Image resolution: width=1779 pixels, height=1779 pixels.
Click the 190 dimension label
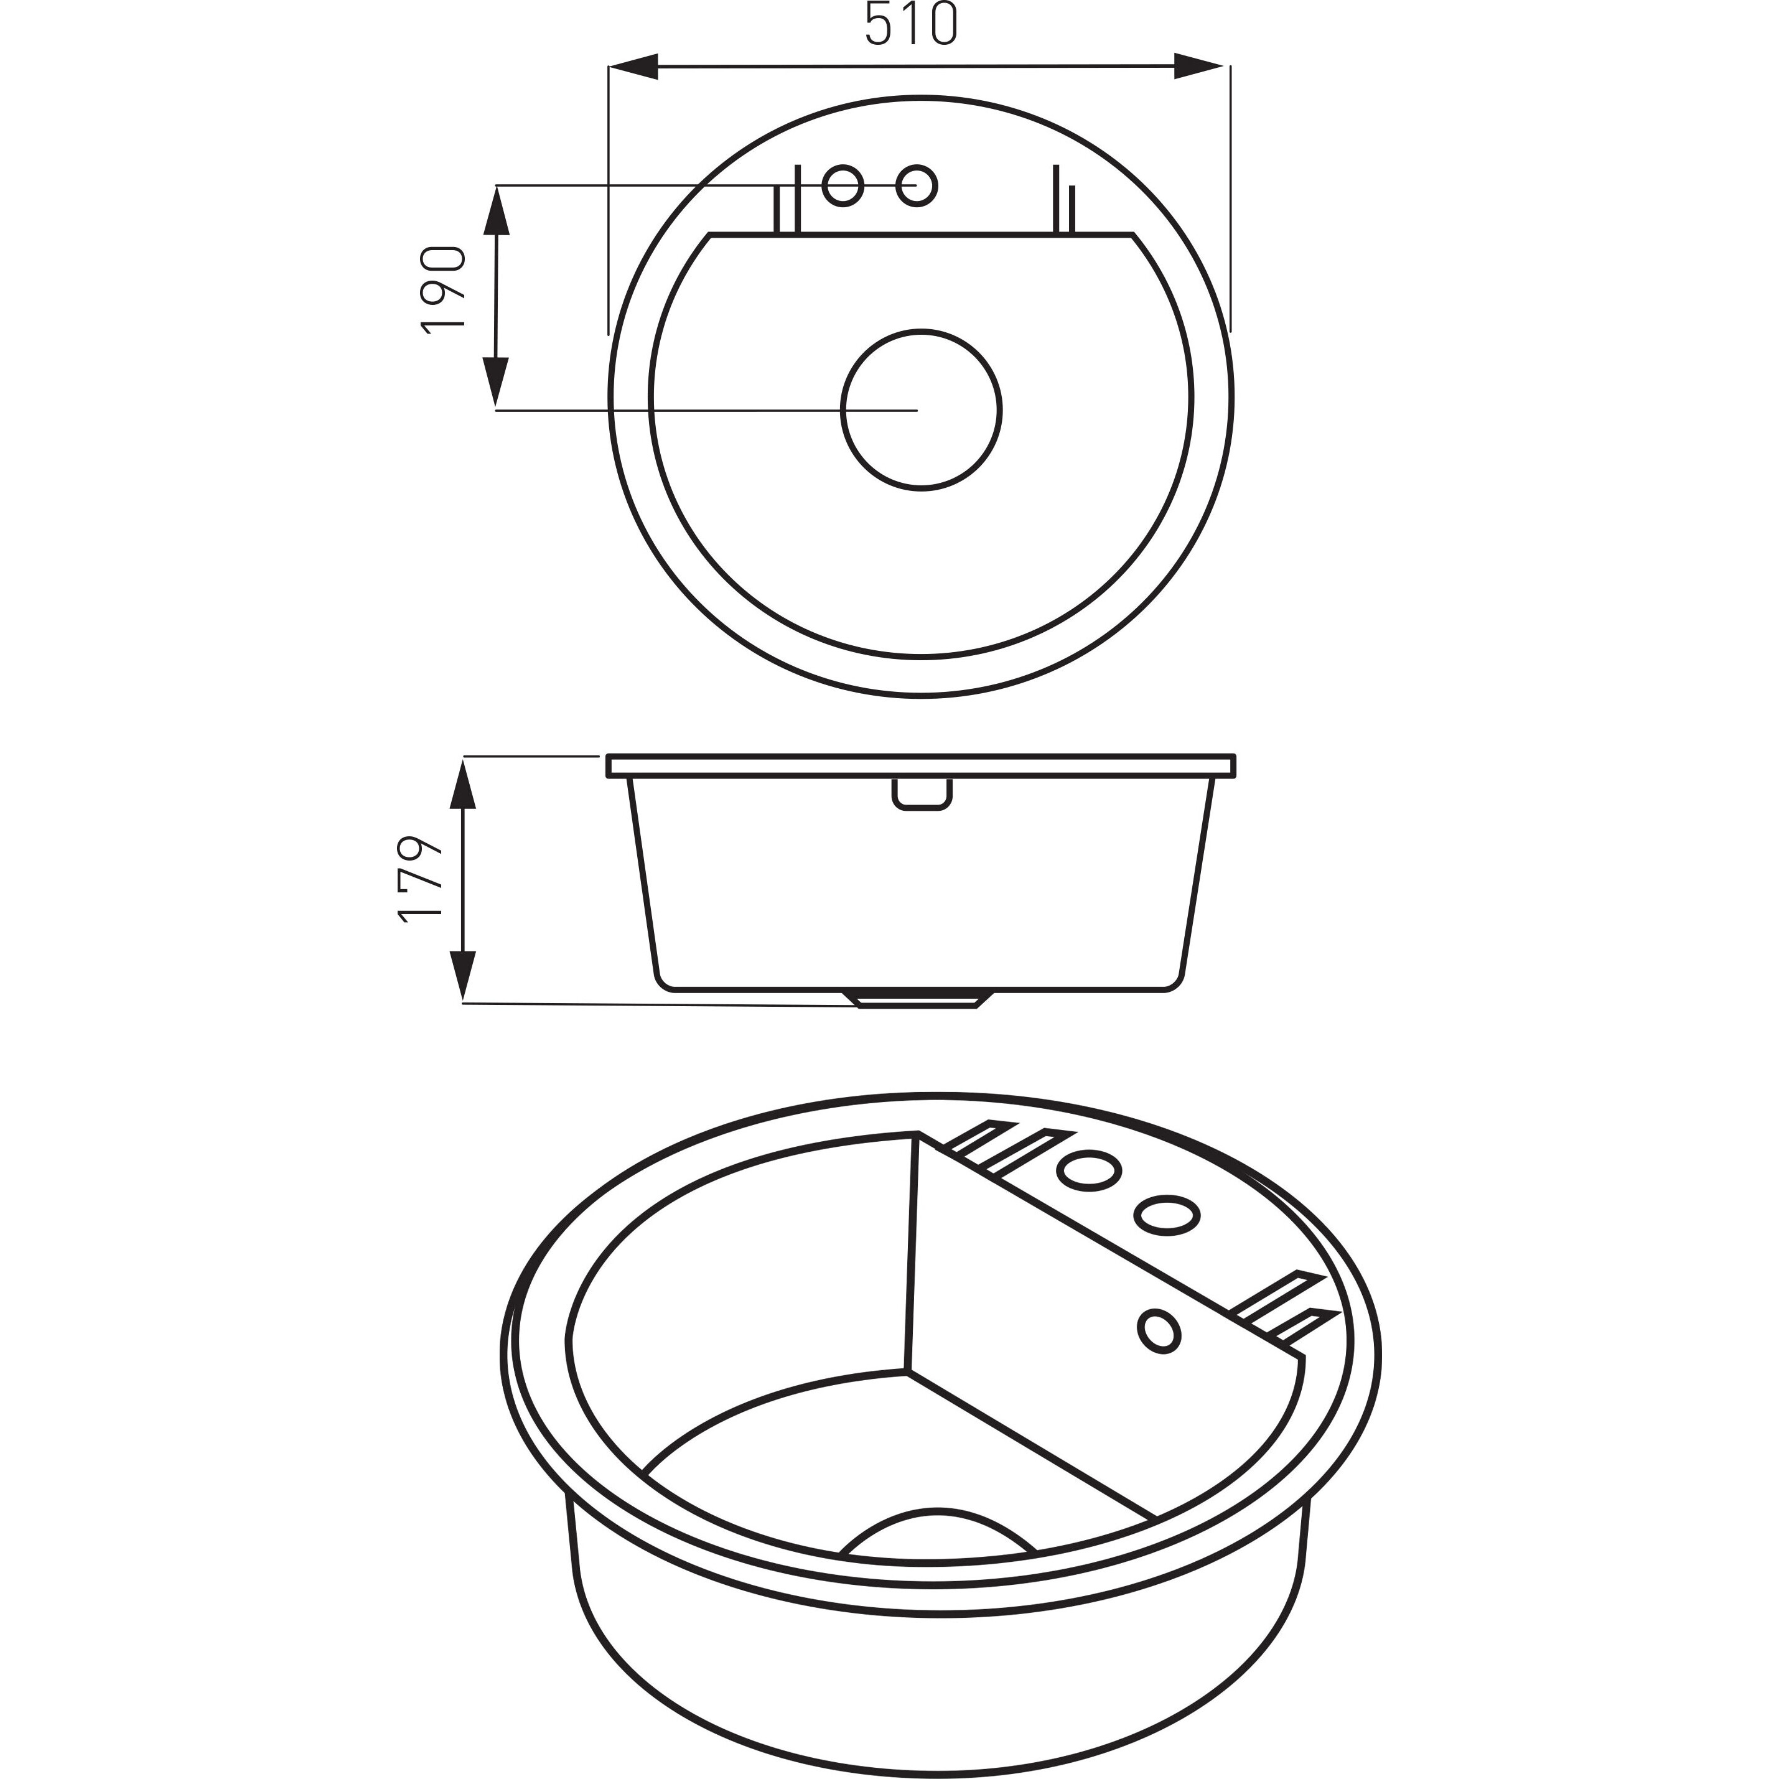(x=444, y=290)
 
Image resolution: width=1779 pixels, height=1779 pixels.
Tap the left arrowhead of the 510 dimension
(x=633, y=67)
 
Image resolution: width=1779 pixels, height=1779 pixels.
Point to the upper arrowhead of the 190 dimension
(x=497, y=211)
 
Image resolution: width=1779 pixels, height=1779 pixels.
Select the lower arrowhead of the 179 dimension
(x=463, y=975)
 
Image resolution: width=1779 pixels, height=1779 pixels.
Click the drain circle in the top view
(x=922, y=410)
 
